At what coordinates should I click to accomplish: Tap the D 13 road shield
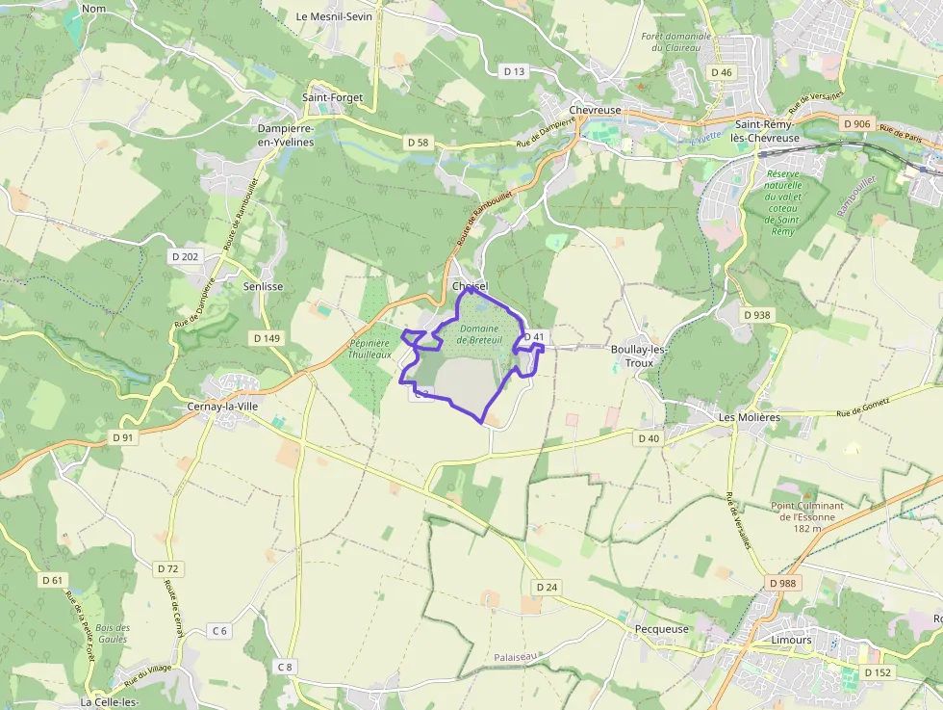point(515,71)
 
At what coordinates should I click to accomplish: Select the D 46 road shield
point(721,72)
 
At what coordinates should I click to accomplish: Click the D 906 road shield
point(855,124)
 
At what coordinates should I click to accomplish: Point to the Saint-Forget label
point(332,97)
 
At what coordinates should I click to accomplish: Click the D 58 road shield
point(418,143)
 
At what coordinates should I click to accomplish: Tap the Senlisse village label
point(263,286)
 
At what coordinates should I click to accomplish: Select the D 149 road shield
point(267,338)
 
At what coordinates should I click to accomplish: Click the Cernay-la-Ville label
point(222,407)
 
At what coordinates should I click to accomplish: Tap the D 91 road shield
point(122,437)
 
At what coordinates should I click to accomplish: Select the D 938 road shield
point(757,315)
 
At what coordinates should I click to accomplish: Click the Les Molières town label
point(749,417)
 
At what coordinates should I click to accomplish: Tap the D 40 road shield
point(649,438)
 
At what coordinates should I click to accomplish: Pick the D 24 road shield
point(546,587)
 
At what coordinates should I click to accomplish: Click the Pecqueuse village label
point(662,629)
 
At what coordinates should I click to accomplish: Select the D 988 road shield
point(784,584)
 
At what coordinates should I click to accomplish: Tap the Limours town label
point(791,640)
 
